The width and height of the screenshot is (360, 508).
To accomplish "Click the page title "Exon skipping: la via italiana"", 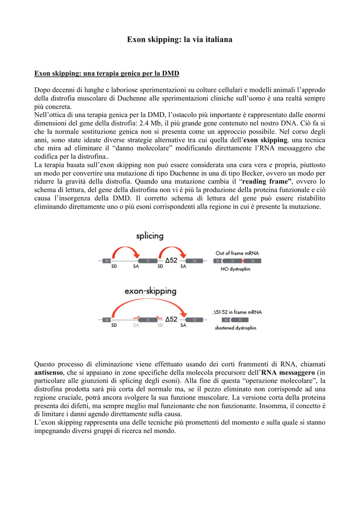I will pyautogui.click(x=180, y=39).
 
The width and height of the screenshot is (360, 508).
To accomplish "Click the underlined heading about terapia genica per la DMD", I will pyautogui.click(x=107, y=73).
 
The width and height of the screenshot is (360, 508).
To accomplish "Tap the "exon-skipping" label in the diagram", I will pyautogui.click(x=150, y=291).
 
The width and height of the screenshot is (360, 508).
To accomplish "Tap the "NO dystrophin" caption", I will pyautogui.click(x=235, y=269).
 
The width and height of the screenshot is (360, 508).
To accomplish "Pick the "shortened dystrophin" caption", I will pyautogui.click(x=236, y=328).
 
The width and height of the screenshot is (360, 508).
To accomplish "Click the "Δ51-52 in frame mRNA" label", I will pyautogui.click(x=237, y=312).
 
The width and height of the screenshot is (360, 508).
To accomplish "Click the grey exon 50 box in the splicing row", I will pyautogui.click(x=106, y=260).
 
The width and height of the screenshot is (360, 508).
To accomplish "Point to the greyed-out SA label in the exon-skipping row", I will pyautogui.click(x=136, y=325).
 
